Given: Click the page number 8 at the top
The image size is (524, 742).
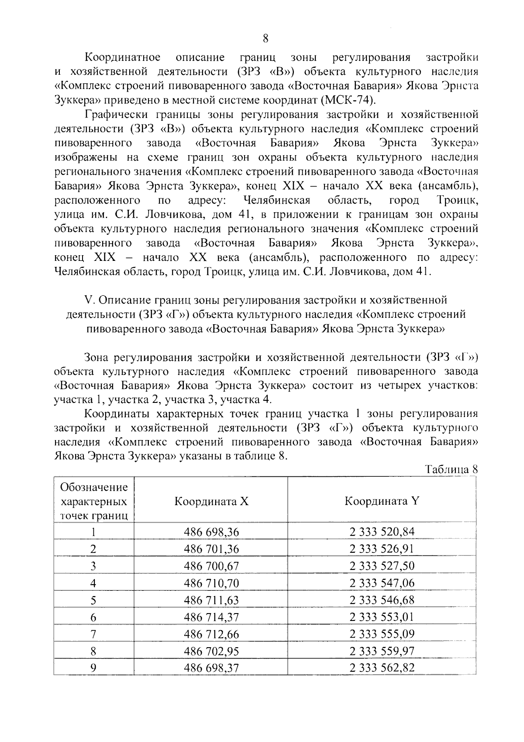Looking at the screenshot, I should [x=265, y=39].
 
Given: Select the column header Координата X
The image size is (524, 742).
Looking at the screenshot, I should [x=211, y=501].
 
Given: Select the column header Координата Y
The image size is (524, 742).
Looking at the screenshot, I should [x=382, y=501].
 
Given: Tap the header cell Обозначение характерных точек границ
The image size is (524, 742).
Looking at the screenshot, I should [x=94, y=501].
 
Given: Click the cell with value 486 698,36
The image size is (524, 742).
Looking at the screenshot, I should [x=211, y=532].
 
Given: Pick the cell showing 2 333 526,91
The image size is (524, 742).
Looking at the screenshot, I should [x=382, y=549].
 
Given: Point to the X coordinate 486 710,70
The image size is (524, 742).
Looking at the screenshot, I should [x=211, y=583].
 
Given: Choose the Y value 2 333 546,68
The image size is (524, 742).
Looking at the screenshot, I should [x=382, y=600].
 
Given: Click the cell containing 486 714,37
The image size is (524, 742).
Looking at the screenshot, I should [x=211, y=617].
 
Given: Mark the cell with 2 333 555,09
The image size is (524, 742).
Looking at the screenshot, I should [x=382, y=634].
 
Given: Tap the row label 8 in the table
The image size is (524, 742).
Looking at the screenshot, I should [x=93, y=651].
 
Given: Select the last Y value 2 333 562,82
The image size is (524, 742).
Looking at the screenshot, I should [x=382, y=668].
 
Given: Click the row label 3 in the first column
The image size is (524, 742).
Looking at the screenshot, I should [x=93, y=566].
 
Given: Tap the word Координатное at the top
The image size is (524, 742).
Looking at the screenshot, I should [x=122, y=58].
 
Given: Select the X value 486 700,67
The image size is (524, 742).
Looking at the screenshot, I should [x=211, y=566].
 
